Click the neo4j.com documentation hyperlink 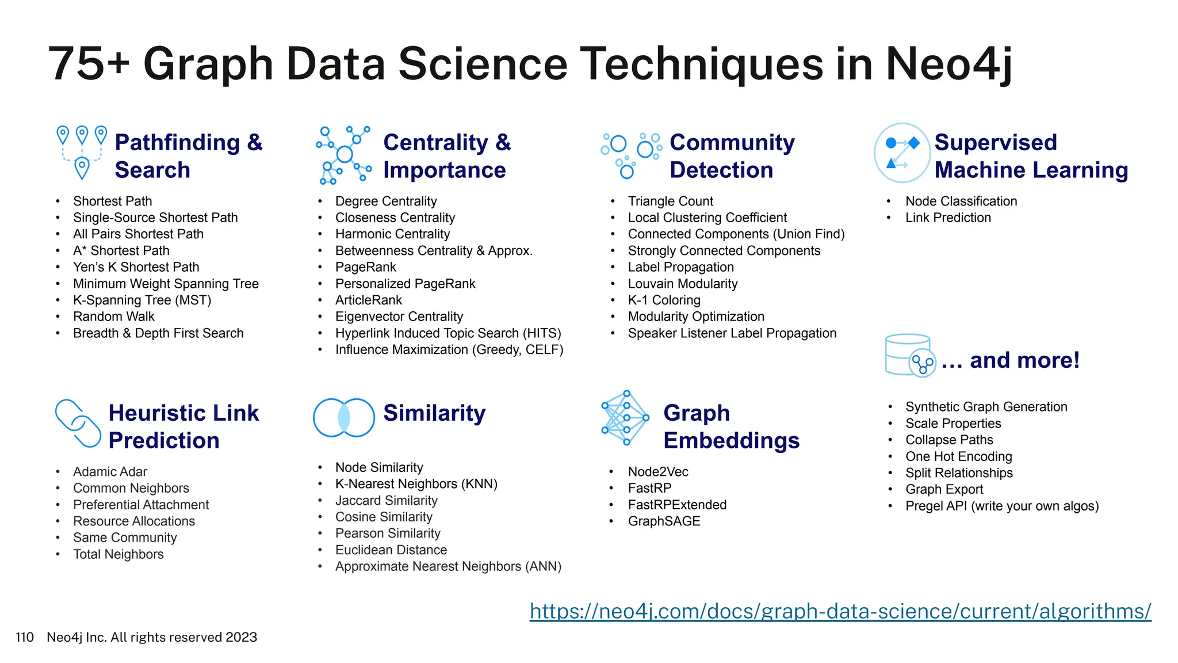(x=840, y=611)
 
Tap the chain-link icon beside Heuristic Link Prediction (x=78, y=423)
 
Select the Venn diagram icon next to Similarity (x=344, y=418)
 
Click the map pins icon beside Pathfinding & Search (x=82, y=152)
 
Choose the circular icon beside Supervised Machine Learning (x=901, y=153)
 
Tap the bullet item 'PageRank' (x=365, y=267)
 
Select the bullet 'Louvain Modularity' (x=682, y=284)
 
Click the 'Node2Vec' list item (x=657, y=472)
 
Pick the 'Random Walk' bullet (x=113, y=317)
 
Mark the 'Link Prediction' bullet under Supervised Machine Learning (x=948, y=218)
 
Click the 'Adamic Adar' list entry (x=110, y=472)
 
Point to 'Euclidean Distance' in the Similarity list (x=391, y=550)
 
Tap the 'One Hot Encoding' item (x=958, y=456)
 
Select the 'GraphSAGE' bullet (x=664, y=521)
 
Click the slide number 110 (x=25, y=637)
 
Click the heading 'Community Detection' (x=732, y=156)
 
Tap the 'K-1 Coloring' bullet (x=664, y=300)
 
